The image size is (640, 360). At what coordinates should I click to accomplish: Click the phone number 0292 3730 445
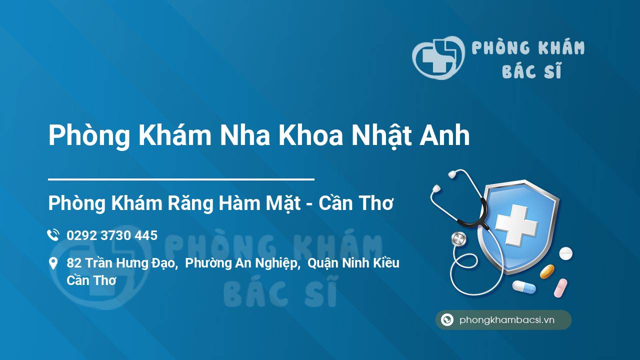click(112, 235)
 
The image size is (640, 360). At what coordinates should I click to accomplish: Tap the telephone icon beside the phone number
click(53, 235)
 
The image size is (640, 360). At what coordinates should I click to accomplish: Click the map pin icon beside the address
click(53, 263)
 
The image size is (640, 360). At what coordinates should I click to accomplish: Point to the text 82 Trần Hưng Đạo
click(122, 263)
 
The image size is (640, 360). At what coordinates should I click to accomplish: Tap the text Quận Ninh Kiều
click(353, 263)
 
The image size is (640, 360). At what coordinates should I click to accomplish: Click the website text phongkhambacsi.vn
click(507, 320)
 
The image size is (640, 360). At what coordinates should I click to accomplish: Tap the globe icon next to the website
click(447, 320)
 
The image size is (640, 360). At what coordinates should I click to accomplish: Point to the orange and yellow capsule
click(547, 271)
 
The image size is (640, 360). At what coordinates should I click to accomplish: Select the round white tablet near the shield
click(565, 253)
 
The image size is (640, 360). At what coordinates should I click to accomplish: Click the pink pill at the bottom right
click(560, 288)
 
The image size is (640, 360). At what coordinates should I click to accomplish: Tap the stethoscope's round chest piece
click(458, 239)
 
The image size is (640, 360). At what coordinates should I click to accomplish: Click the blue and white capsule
click(523, 287)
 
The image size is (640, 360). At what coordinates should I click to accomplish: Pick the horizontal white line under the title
click(181, 178)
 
